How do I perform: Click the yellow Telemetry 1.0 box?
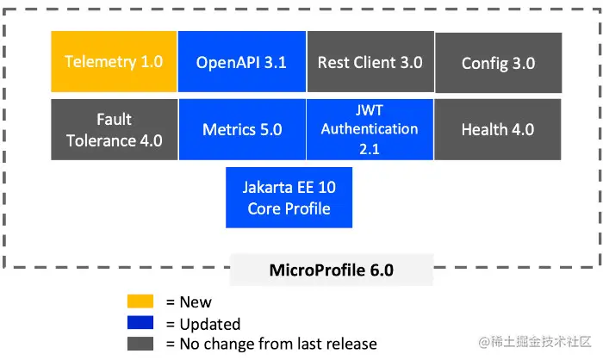click(x=113, y=62)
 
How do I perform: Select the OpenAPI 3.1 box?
click(x=241, y=62)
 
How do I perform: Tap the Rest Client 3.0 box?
click(x=370, y=62)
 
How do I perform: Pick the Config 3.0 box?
click(x=498, y=63)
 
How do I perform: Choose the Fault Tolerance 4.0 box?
click(x=113, y=129)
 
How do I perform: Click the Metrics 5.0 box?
click(x=241, y=129)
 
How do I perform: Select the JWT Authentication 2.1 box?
click(x=370, y=128)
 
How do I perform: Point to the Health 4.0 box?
click(x=498, y=129)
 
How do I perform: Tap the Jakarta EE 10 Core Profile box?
click(x=289, y=197)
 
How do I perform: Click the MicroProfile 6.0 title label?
click(x=332, y=270)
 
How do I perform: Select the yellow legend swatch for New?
click(x=140, y=301)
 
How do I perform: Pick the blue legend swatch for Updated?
click(x=140, y=323)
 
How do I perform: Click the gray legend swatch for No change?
click(x=140, y=344)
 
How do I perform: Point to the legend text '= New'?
click(x=189, y=302)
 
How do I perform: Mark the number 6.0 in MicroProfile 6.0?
click(x=379, y=270)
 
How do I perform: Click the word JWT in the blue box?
click(x=369, y=110)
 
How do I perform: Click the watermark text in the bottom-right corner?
click(x=537, y=343)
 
